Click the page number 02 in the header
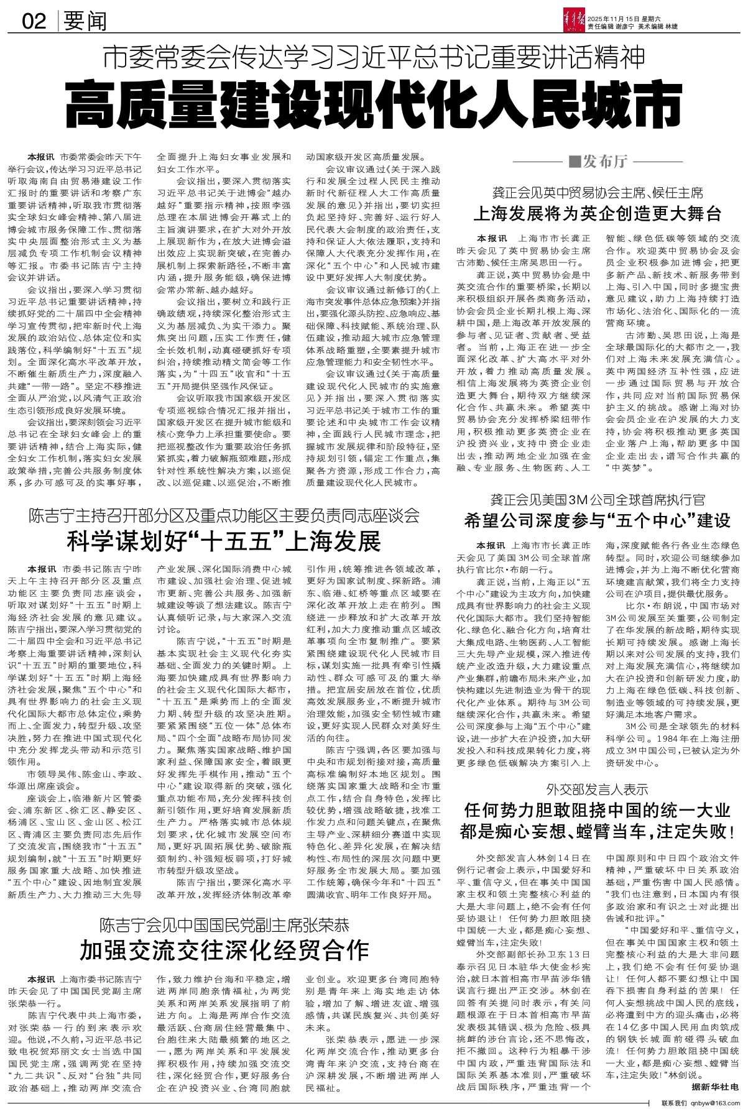click(35, 22)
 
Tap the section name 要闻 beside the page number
click(86, 22)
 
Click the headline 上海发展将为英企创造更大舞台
click(598, 214)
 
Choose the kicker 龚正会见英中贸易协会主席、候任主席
click(598, 191)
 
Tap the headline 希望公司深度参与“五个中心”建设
click(598, 520)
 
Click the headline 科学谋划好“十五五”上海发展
click(224, 541)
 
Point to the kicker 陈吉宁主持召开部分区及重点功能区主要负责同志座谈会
click(224, 515)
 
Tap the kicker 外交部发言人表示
click(598, 789)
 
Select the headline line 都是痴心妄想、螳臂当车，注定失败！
click(598, 831)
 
